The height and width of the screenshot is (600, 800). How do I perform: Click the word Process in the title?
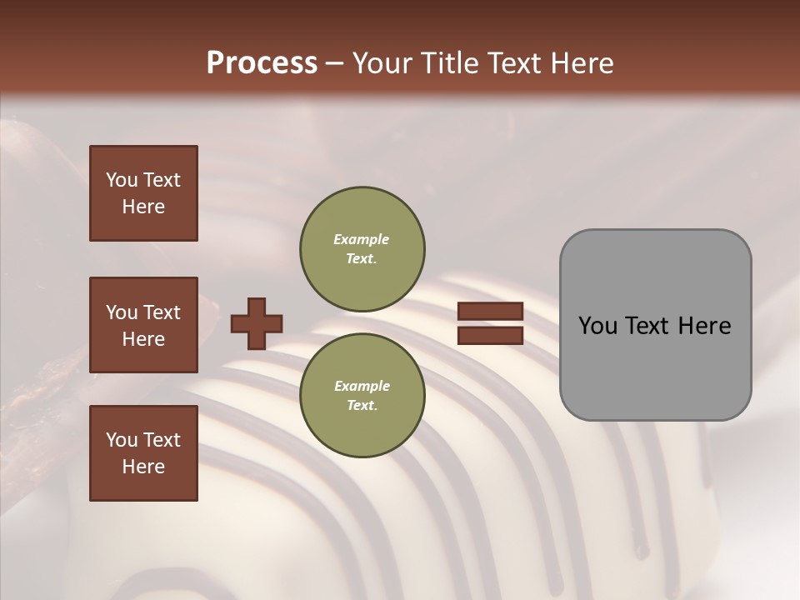(262, 62)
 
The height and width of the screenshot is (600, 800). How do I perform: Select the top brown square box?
(143, 193)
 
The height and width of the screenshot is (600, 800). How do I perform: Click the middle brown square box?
(143, 325)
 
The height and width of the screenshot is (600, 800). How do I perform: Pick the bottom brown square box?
(143, 453)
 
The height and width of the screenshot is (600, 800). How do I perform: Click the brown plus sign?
(257, 323)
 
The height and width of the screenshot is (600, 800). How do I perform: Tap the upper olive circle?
(362, 249)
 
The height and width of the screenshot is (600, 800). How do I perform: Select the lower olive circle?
(362, 396)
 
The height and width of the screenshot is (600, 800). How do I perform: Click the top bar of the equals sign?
(490, 312)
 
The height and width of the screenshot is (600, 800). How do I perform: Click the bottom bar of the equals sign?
(490, 336)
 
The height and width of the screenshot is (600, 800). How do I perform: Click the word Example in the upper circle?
(362, 239)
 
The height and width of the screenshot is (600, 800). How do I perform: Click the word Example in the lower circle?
(362, 386)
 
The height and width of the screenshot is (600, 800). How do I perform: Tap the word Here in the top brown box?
(143, 207)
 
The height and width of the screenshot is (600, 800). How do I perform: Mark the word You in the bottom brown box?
(122, 440)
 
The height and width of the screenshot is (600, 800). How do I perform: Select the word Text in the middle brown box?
(161, 312)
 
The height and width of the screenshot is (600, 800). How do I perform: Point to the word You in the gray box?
(597, 326)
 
